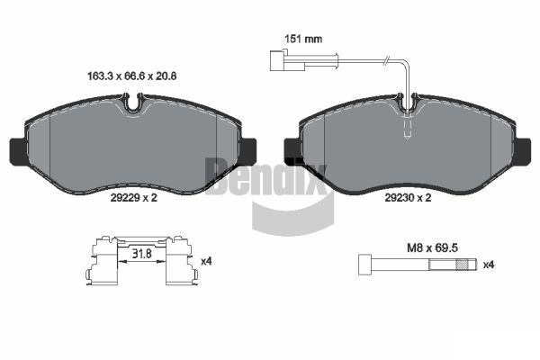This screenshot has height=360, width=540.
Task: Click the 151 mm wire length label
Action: (x=303, y=39)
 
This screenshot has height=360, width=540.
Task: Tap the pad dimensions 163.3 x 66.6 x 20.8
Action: (x=132, y=76)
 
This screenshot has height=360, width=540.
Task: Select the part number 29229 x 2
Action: (x=133, y=198)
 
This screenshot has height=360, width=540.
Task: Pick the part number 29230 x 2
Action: (x=408, y=198)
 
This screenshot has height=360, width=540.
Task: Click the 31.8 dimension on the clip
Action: (x=142, y=254)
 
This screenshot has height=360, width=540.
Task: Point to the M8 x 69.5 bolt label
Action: (x=432, y=247)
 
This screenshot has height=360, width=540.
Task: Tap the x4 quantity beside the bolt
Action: (x=489, y=265)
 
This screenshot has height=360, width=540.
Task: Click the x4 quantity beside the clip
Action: (x=206, y=262)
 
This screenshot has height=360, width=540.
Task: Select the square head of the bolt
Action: (x=365, y=265)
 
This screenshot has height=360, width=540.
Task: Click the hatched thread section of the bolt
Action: (x=463, y=265)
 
